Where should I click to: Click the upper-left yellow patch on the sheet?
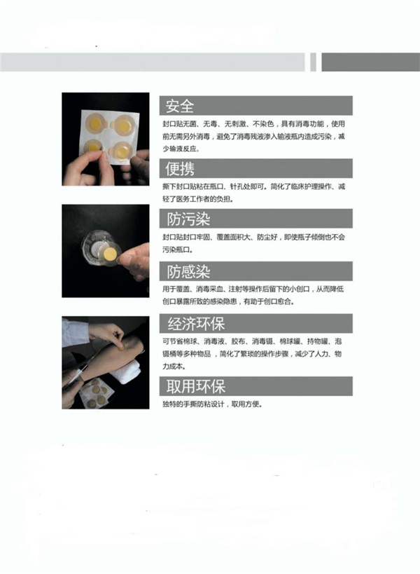pyautogui.click(x=94, y=123)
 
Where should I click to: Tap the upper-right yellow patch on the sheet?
pyautogui.click(x=124, y=125)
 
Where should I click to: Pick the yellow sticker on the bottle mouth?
pyautogui.click(x=109, y=250)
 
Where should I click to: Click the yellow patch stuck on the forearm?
pyautogui.click(x=121, y=345)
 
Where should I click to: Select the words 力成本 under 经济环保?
pyautogui.click(x=171, y=366)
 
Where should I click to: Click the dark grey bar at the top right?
pyautogui.click(x=370, y=62)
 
